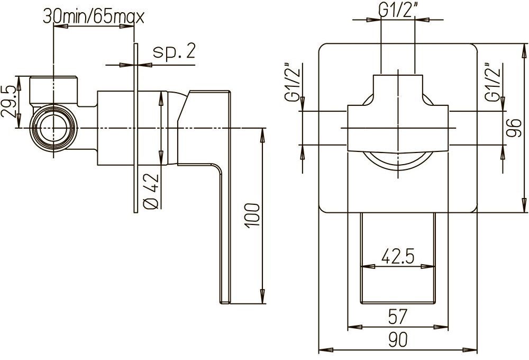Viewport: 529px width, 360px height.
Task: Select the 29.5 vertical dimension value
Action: tap(9, 103)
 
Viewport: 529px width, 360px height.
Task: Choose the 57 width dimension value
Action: tap(397, 317)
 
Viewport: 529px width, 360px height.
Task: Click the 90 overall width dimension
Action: tap(397, 339)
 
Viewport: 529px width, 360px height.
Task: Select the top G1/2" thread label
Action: tap(398, 9)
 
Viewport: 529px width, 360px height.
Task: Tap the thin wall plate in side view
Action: tap(136, 127)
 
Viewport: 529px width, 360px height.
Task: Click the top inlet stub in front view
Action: tap(398, 85)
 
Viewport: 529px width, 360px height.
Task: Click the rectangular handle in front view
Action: tap(398, 259)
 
